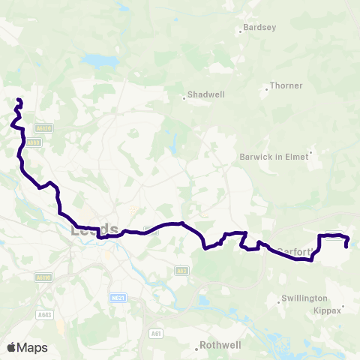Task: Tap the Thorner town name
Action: (x=286, y=86)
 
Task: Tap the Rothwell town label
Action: (x=220, y=346)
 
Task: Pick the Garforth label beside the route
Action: (x=292, y=251)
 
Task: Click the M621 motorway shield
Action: (x=116, y=298)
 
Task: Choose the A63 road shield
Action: (x=181, y=271)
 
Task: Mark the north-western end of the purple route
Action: (x=19, y=100)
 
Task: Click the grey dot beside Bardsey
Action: (x=240, y=31)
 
